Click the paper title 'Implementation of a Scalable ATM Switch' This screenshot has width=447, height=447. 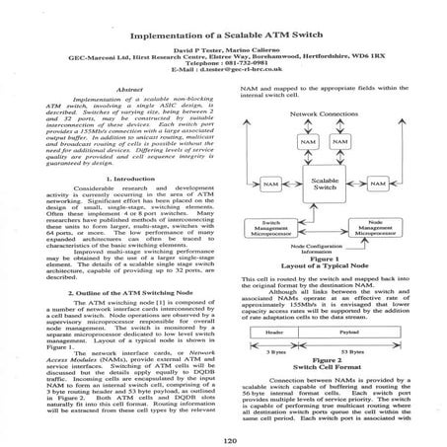[x=223, y=23]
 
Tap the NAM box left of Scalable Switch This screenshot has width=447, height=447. [x=267, y=184]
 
